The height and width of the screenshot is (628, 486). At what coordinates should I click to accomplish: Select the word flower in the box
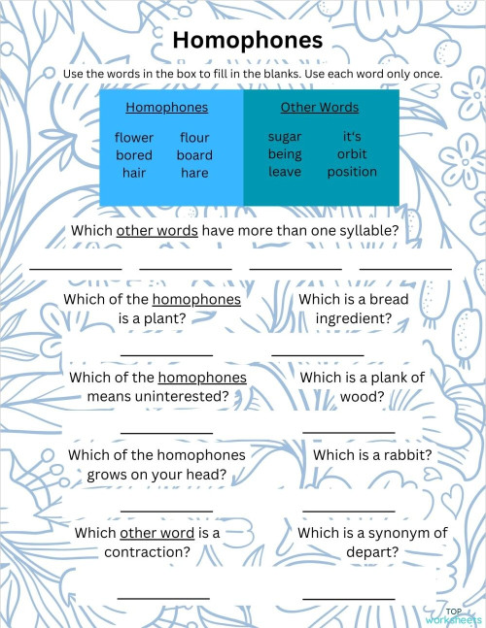click(x=134, y=138)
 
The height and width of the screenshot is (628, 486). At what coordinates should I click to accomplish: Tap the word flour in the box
click(x=194, y=138)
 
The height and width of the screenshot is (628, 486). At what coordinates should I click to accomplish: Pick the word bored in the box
click(x=134, y=155)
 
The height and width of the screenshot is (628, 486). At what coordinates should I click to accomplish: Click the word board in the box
click(x=194, y=155)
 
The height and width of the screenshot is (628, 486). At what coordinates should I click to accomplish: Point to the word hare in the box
click(x=194, y=173)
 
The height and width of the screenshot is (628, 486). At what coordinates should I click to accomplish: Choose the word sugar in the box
click(x=285, y=137)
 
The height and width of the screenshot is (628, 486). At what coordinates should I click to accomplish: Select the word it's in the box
click(x=352, y=137)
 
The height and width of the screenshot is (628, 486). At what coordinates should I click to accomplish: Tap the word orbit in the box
click(x=352, y=154)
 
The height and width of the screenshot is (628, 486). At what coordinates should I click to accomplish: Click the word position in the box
click(x=352, y=172)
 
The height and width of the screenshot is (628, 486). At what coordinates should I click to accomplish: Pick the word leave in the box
click(x=285, y=172)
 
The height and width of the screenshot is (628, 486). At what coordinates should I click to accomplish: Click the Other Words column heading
click(x=319, y=108)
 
